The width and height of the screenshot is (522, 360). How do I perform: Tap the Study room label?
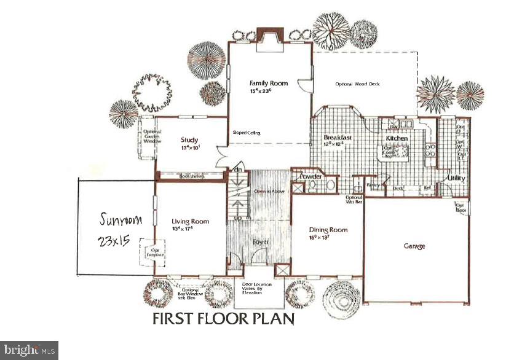pos(189,139)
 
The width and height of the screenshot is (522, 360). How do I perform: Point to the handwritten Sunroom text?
pos(121,219)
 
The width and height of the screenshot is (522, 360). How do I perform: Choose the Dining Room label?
pos(328,230)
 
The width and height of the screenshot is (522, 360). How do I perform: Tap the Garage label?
pos(414,246)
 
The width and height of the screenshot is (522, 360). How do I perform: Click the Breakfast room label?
pos(338,138)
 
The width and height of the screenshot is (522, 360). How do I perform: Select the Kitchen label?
pos(397,138)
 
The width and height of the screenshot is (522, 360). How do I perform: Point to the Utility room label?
pos(456,178)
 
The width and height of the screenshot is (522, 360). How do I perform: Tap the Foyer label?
pos(258,242)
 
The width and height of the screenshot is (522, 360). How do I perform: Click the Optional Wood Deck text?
pos(357,84)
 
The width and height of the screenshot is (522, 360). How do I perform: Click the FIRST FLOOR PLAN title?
pos(223,319)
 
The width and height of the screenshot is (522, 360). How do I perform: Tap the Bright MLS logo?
pos(29,350)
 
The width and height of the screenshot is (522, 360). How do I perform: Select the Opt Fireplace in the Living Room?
pos(149,251)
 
